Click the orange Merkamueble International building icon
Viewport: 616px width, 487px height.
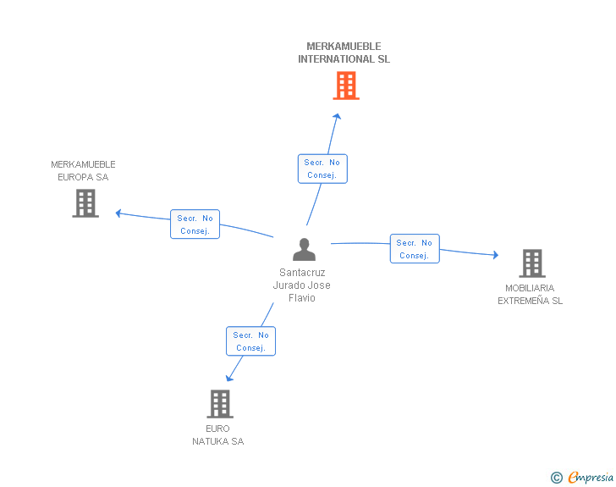coord(345,86)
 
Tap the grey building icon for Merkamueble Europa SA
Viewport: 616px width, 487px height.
coord(85,203)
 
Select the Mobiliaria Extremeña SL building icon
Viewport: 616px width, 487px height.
coord(531,263)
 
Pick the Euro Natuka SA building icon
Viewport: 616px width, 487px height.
coord(220,404)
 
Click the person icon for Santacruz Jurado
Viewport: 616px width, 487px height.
coord(304,249)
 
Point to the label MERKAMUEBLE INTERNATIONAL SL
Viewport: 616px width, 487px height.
coord(344,53)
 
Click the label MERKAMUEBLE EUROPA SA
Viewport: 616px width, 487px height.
coord(83,170)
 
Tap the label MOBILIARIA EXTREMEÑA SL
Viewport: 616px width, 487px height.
coord(530,294)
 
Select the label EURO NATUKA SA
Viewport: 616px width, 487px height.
coord(217,434)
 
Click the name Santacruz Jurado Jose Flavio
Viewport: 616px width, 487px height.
coord(301,285)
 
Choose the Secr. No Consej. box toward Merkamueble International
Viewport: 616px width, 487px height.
coord(322,169)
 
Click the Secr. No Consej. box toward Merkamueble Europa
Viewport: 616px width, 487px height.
coord(195,224)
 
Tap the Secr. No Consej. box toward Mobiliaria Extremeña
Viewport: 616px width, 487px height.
coord(415,249)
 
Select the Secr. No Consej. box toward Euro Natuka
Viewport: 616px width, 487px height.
coord(250,341)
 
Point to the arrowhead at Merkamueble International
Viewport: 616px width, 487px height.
coord(337,117)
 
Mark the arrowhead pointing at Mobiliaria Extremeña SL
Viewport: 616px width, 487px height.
coord(495,254)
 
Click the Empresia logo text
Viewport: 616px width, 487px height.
coord(590,478)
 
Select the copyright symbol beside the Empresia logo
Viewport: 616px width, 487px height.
coord(556,478)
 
